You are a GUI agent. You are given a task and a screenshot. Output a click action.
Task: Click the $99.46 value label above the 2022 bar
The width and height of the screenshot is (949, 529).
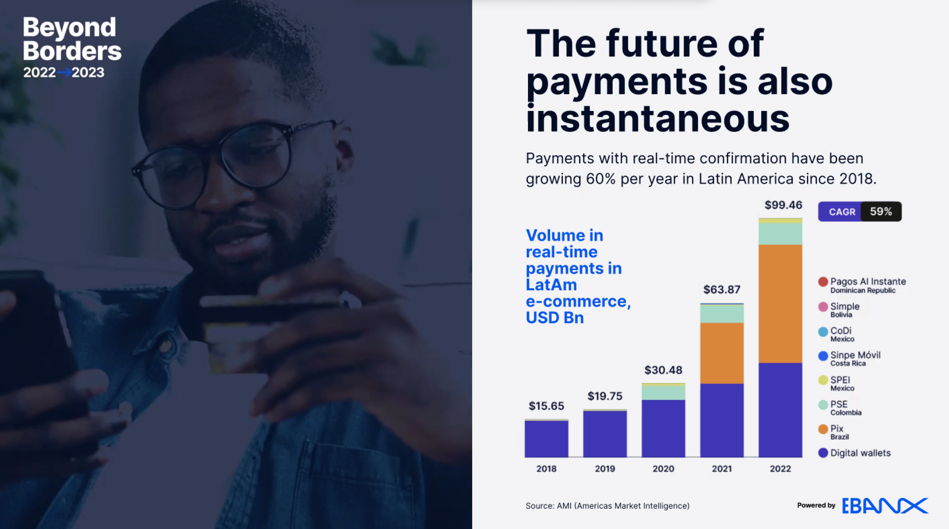[783, 205]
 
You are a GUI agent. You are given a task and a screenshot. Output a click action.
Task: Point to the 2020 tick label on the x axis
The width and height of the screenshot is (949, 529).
[663, 469]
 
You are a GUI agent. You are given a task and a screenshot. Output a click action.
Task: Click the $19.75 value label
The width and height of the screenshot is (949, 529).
[605, 396]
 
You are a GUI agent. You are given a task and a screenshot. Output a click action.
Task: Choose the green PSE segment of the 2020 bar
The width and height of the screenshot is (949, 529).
[663, 393]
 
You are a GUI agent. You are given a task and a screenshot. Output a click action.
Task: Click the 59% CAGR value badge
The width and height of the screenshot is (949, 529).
[881, 212]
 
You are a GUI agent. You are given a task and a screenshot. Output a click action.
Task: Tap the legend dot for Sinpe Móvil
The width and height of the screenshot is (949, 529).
[823, 356]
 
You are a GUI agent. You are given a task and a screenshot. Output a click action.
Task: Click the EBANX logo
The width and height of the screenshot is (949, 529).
[885, 506]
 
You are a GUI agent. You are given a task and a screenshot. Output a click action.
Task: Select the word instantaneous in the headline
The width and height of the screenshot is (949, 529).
[657, 119]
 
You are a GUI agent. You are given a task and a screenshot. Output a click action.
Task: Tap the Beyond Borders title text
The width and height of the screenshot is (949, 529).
[72, 39]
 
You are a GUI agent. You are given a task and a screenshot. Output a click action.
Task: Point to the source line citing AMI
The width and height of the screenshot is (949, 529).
[607, 506]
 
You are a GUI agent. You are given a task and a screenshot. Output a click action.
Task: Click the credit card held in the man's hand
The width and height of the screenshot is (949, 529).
[258, 331]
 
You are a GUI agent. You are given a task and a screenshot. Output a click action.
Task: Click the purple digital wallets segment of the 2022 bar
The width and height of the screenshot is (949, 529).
[780, 410]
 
